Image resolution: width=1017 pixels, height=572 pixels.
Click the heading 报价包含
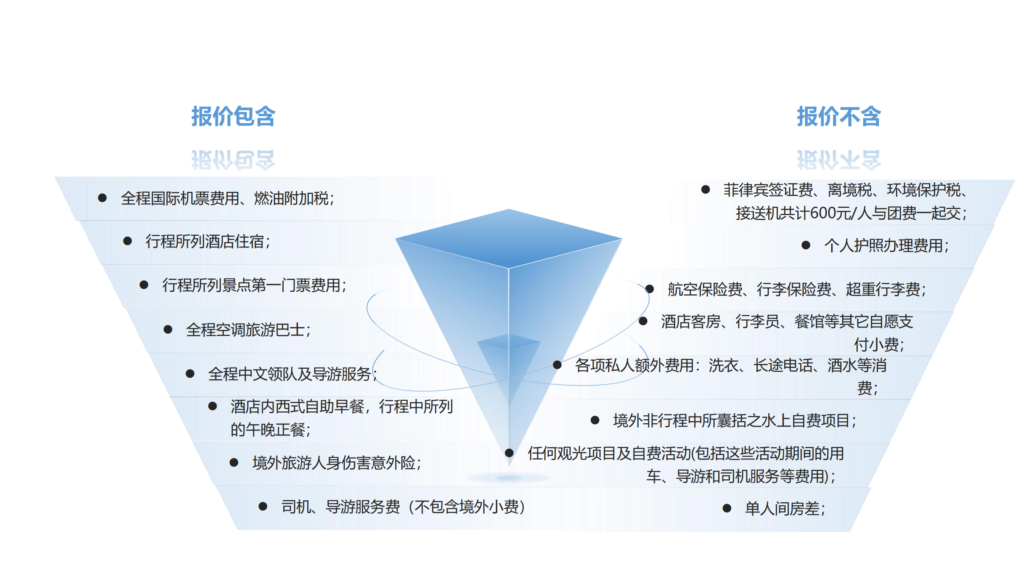click(x=233, y=116)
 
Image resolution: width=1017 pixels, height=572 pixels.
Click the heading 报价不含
click(x=839, y=116)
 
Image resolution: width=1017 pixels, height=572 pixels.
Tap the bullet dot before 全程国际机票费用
click(x=102, y=198)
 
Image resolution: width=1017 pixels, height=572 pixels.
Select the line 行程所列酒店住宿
click(x=208, y=241)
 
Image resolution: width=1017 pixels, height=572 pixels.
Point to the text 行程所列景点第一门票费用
click(x=254, y=285)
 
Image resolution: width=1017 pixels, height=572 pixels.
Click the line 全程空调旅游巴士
click(x=248, y=329)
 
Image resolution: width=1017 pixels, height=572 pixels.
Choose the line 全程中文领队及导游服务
click(x=292, y=374)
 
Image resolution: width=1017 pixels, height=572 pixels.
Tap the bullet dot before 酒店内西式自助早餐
click(x=212, y=406)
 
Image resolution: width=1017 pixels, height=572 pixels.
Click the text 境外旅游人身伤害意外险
click(x=337, y=463)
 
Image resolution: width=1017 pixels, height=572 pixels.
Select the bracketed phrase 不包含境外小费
click(x=467, y=507)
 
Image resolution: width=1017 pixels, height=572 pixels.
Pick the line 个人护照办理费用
click(x=886, y=246)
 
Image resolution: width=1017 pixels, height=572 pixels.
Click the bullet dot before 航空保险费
click(x=649, y=289)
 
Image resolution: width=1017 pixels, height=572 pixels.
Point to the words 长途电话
click(x=783, y=365)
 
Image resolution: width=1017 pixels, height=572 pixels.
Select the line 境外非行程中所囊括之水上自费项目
click(x=735, y=420)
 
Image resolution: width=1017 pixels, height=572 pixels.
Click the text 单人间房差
click(x=785, y=508)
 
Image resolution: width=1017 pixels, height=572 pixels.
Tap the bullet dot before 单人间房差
click(x=727, y=508)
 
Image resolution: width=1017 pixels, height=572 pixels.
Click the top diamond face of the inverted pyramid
click(x=509, y=238)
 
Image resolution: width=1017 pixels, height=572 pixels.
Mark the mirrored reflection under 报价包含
click(x=233, y=160)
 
